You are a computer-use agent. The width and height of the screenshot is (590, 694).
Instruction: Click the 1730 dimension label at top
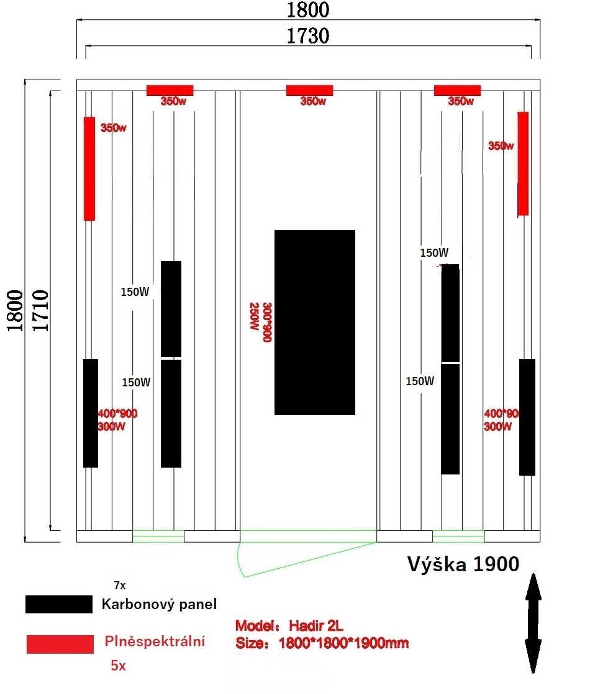[x=308, y=36]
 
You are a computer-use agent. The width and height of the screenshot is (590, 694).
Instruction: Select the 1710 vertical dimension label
[x=40, y=311]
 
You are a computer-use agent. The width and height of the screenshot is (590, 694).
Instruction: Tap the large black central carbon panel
[x=315, y=323]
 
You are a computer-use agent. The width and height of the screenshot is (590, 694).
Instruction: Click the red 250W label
[x=254, y=316]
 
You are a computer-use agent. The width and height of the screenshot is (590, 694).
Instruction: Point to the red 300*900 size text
[x=267, y=323]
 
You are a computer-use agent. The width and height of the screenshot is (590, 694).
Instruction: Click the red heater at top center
[x=309, y=91]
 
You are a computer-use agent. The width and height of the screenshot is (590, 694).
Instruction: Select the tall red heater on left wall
[x=89, y=169]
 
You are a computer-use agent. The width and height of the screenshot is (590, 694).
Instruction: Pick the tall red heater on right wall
[x=523, y=164]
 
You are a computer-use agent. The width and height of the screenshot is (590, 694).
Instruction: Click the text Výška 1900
[x=463, y=564]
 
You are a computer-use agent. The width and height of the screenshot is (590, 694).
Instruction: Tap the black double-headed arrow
[x=533, y=623]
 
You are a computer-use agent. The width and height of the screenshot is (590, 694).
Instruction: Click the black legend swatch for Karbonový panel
[x=59, y=604]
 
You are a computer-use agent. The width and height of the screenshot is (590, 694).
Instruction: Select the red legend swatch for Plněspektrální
[x=60, y=644]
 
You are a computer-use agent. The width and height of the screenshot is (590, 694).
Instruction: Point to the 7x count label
[x=120, y=585]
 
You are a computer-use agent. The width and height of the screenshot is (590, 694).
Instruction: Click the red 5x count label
[x=119, y=665]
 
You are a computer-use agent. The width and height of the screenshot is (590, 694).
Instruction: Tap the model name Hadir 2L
[x=316, y=625]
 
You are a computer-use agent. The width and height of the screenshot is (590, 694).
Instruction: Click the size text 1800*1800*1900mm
[x=344, y=643]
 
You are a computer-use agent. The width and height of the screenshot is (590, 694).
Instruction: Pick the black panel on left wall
[x=91, y=413]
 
